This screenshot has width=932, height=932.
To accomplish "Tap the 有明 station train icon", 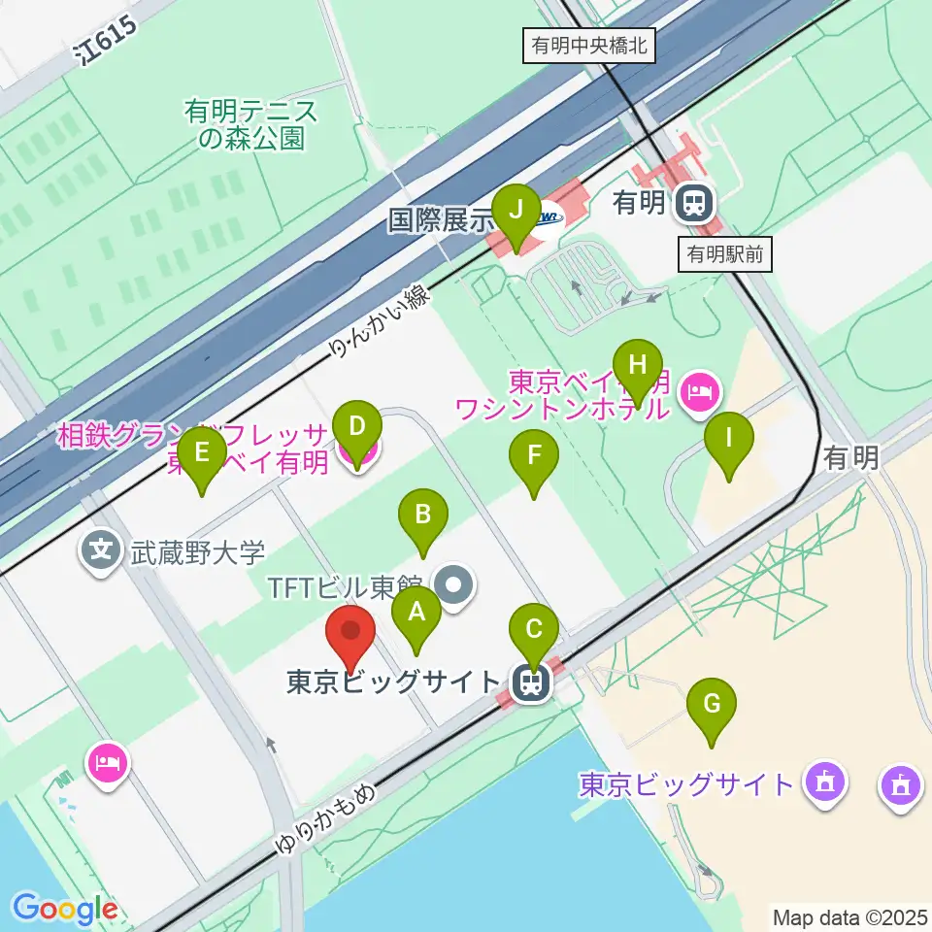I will tap(694, 203).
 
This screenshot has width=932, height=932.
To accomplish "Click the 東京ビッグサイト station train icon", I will tap(532, 682).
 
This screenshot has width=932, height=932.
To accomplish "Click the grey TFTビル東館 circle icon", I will tap(454, 584).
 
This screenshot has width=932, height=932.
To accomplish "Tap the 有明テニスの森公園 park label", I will tap(250, 124).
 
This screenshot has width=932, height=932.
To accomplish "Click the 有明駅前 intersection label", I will tap(725, 255).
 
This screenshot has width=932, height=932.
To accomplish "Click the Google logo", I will tap(64, 910).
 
